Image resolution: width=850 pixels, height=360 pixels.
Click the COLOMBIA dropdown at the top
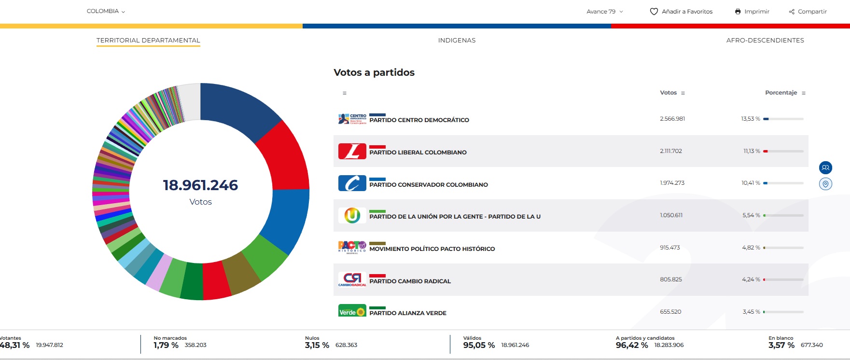(106, 11)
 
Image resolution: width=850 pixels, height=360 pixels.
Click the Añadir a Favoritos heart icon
(654, 12)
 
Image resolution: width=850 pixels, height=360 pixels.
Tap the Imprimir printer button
(752, 12)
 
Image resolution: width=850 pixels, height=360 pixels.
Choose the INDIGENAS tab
(457, 41)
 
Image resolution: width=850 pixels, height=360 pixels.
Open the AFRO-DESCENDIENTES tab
(765, 41)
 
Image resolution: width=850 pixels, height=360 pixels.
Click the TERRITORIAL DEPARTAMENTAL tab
(148, 41)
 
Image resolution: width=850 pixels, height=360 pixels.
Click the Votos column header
(669, 93)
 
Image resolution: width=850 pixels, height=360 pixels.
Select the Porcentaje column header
(781, 93)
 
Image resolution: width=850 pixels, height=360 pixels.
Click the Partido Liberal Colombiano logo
(352, 151)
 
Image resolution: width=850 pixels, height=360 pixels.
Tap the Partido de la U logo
(352, 215)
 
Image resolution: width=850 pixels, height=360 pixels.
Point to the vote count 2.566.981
(672, 119)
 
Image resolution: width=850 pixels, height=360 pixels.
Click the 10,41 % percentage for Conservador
(751, 183)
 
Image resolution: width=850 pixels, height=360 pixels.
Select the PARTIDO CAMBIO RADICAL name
(410, 281)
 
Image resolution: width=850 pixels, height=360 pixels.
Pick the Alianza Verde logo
(352, 311)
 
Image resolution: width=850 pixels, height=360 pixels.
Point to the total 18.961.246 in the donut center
(200, 185)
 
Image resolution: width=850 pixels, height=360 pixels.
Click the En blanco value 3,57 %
(781, 345)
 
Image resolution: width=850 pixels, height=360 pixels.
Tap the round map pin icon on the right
(825, 184)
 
